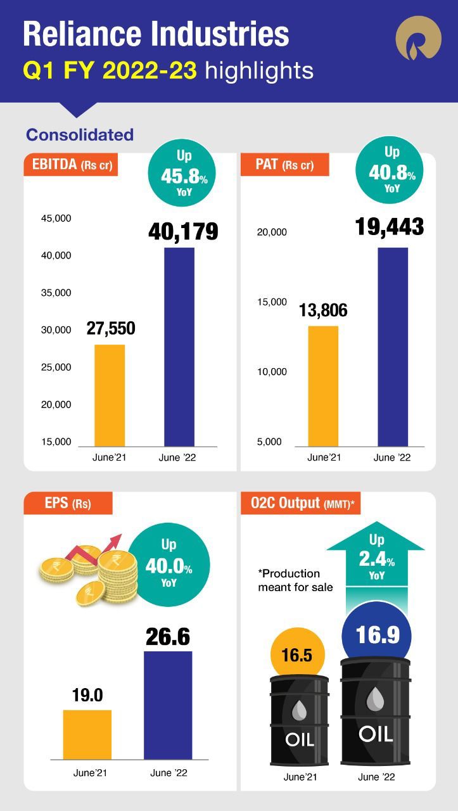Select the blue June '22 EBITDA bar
(x=179, y=347)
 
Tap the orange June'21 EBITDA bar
(x=110, y=395)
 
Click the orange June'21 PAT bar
(x=323, y=386)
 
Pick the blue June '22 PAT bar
(x=393, y=347)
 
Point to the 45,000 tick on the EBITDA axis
(x=56, y=219)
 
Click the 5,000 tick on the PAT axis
(x=269, y=442)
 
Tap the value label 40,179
(x=183, y=232)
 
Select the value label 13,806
(x=323, y=310)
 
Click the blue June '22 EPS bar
(x=168, y=705)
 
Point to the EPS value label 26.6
(x=168, y=637)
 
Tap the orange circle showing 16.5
(x=294, y=655)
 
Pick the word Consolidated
(x=80, y=135)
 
